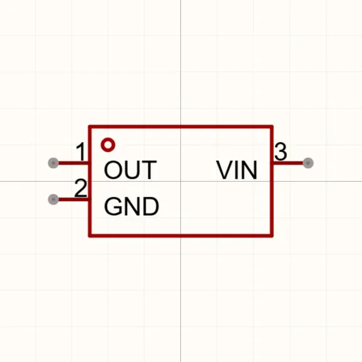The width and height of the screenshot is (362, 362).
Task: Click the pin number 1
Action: (81, 151)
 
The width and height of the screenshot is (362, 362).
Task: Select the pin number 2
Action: (81, 188)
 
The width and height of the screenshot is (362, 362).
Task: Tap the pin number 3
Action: (281, 151)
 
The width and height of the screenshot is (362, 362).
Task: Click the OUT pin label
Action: (131, 170)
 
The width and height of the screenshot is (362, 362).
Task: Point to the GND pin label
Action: (132, 206)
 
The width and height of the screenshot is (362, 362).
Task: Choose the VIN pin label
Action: (237, 170)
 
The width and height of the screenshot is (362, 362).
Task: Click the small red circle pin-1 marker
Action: (108, 145)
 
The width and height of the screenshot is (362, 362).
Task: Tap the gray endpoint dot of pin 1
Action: (53, 163)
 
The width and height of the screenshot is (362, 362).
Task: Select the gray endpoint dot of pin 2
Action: (53, 199)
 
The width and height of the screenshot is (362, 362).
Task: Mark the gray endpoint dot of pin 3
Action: (308, 163)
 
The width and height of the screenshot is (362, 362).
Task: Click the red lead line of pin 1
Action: (74, 163)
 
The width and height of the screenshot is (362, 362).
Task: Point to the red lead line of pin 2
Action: (74, 199)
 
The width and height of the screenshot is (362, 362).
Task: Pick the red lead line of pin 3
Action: (288, 163)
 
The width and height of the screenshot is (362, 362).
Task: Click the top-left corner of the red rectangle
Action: (90, 127)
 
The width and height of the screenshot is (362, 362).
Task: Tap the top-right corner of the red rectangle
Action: (272, 127)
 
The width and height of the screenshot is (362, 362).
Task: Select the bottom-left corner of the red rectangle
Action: (90, 236)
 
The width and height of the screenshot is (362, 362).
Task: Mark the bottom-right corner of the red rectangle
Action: (272, 236)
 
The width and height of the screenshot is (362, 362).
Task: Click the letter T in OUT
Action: (149, 170)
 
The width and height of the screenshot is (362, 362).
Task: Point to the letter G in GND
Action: (113, 206)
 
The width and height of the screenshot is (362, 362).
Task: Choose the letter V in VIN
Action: (224, 170)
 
